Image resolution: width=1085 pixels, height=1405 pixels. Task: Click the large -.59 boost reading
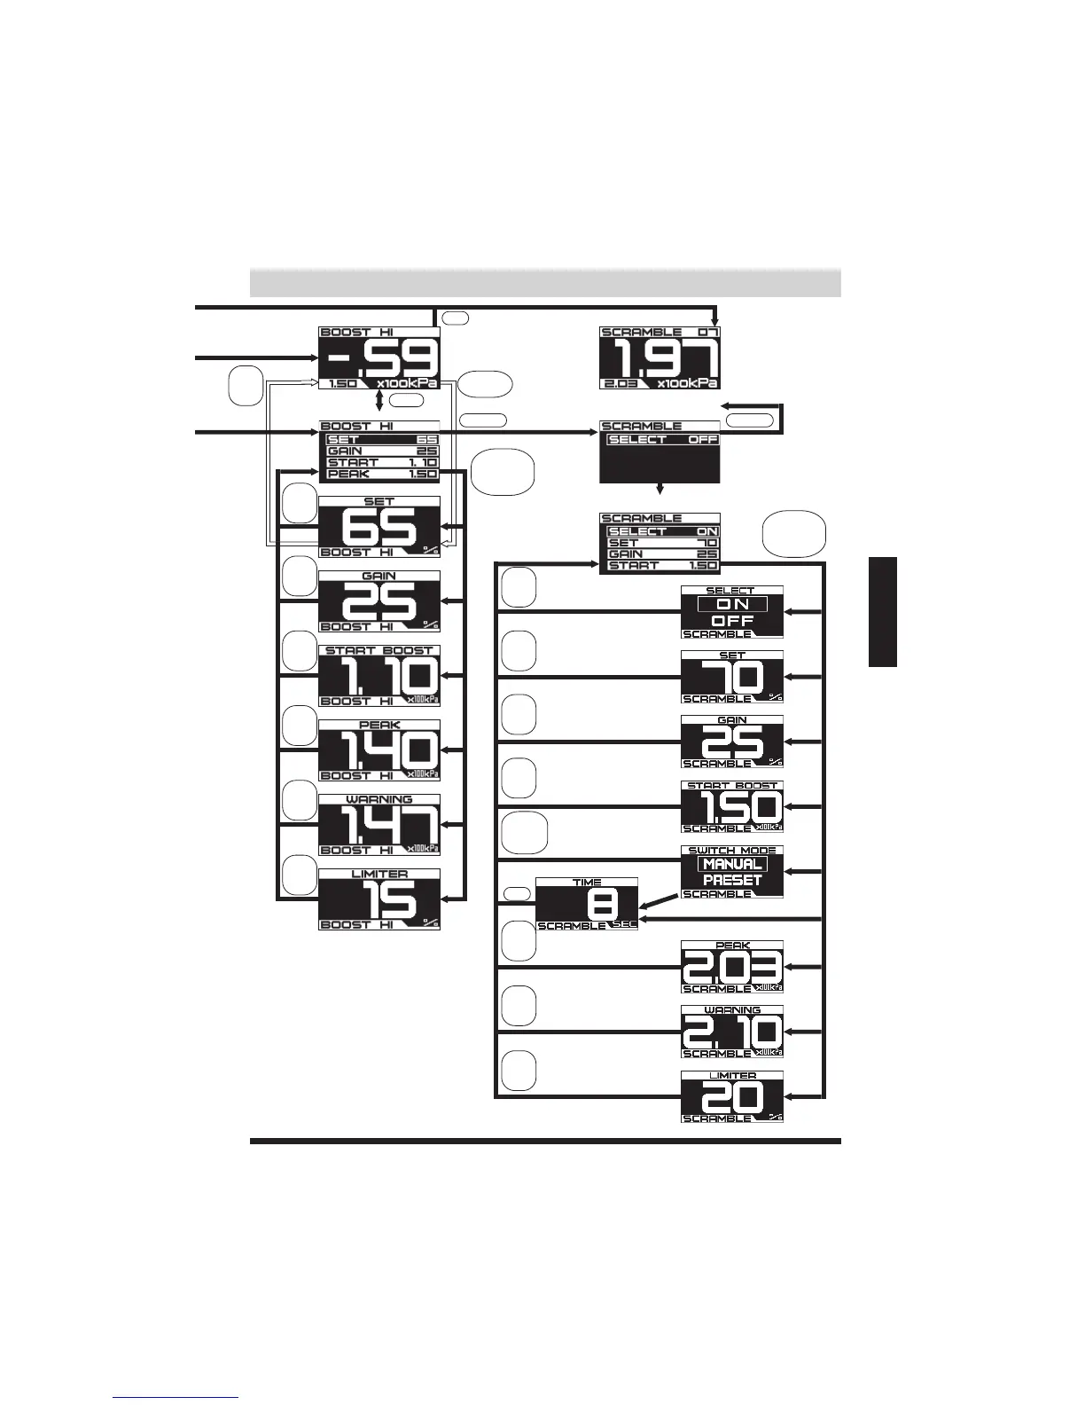pos(379,358)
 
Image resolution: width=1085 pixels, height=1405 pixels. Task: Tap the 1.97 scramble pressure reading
pos(660,358)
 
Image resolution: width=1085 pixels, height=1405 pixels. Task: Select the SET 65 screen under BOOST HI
pos(379,527)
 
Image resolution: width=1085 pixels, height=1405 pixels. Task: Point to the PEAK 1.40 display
pos(379,750)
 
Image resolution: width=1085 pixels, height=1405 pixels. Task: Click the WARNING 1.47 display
pos(379,825)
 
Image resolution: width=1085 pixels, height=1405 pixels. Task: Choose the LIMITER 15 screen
pos(379,899)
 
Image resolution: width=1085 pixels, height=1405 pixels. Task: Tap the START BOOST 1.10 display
pos(379,676)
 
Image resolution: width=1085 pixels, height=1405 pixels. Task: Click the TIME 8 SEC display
pos(587,904)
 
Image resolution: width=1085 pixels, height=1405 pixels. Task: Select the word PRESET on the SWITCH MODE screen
pos(732,880)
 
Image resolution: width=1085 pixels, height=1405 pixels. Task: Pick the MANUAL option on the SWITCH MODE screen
pos(732,864)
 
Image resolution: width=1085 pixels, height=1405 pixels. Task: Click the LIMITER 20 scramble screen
pos(732,1097)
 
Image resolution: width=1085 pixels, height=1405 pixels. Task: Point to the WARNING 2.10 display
pos(732,1032)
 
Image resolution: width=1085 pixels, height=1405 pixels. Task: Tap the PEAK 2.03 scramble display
pos(732,967)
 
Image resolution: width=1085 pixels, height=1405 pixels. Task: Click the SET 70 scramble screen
pos(732,677)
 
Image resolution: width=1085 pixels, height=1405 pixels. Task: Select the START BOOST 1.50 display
pos(732,807)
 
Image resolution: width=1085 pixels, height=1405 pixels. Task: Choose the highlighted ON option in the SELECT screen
pos(732,604)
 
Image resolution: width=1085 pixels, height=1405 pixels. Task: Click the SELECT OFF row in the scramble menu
pos(662,440)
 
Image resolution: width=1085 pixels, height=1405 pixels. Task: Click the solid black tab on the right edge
pos(883,612)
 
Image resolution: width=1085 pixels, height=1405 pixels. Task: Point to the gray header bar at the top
pos(545,282)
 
